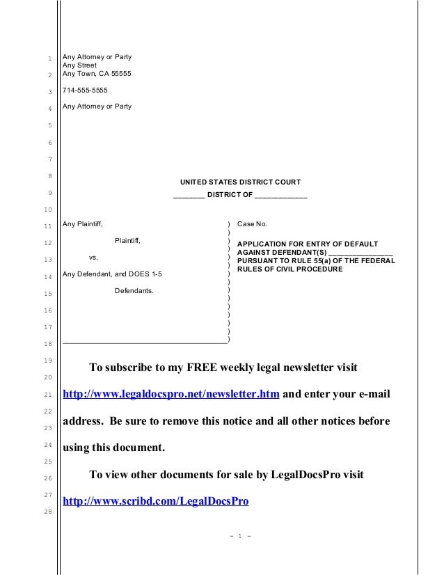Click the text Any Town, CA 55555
[97, 74]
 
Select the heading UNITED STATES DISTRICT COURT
[240, 182]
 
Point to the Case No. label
[252, 224]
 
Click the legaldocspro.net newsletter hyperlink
[171, 395]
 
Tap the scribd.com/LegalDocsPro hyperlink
[156, 501]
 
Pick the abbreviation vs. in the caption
[93, 258]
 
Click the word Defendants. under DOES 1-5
[134, 290]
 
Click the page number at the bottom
[239, 536]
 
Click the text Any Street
[80, 65]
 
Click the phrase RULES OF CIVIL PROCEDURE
[290, 269]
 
